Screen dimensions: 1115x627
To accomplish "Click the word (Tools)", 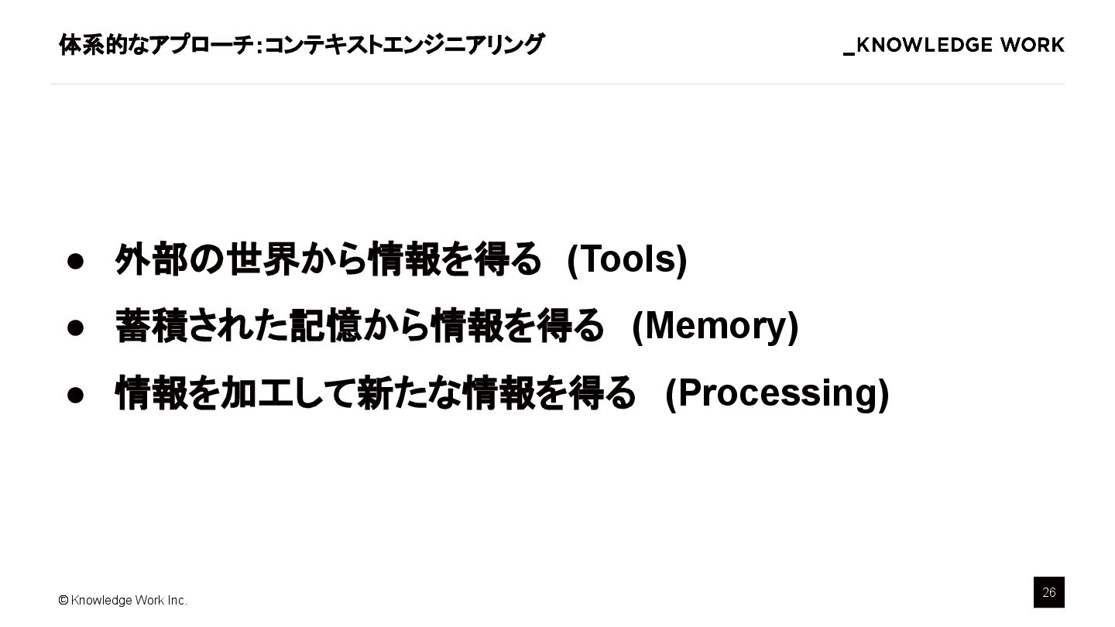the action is click(x=627, y=259).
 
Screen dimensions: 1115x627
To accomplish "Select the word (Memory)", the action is click(x=715, y=325).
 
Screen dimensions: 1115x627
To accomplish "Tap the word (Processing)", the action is click(x=777, y=392).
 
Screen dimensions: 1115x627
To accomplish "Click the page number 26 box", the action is click(x=1048, y=592).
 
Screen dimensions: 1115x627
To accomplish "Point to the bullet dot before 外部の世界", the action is click(x=75, y=260).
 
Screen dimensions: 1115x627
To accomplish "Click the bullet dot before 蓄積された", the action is click(x=75, y=327).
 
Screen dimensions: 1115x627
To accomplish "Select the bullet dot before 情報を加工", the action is click(x=75, y=395).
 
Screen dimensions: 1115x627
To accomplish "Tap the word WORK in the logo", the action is click(x=1032, y=46).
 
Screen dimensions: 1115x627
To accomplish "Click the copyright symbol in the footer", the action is click(x=63, y=600).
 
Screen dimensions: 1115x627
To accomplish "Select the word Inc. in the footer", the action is click(x=176, y=600).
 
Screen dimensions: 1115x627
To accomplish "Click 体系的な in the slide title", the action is click(x=93, y=45).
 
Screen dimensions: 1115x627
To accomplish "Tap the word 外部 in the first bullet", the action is click(x=151, y=259).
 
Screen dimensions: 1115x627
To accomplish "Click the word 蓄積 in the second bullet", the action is click(x=151, y=325).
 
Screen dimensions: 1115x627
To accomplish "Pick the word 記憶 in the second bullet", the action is click(x=325, y=325).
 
